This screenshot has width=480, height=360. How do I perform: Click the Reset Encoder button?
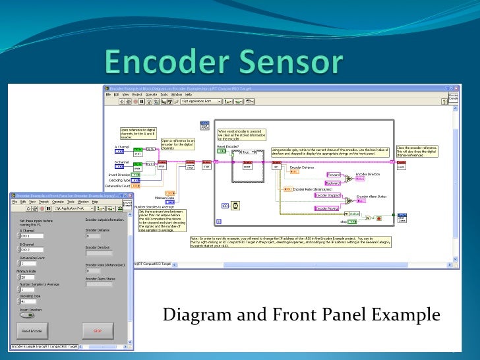[x=32, y=330]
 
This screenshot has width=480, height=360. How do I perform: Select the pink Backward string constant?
[x=333, y=183]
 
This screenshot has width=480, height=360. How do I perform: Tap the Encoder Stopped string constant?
[x=328, y=195]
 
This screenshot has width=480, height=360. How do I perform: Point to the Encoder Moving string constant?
[x=328, y=208]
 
